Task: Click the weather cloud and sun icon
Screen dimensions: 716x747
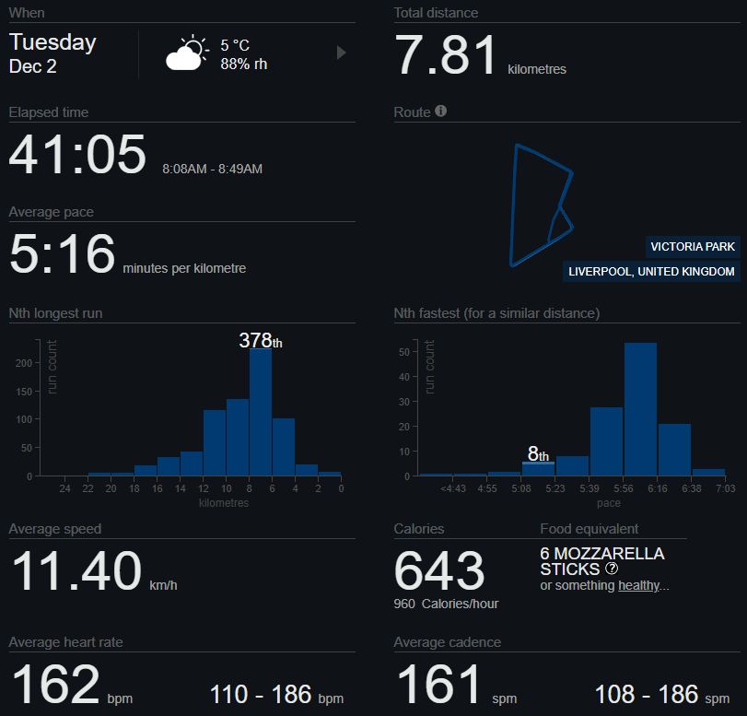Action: tap(186, 54)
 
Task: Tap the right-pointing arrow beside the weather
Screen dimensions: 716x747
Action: tap(342, 53)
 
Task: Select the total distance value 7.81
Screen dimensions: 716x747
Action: tap(446, 55)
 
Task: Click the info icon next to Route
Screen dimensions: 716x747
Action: tap(440, 112)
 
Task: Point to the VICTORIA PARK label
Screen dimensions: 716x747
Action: tap(693, 246)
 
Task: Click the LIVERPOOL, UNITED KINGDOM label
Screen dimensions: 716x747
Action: tap(651, 272)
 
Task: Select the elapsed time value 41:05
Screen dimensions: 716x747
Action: tap(77, 155)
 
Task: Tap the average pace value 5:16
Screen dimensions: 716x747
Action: tap(63, 254)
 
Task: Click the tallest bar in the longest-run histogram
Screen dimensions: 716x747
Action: tap(261, 411)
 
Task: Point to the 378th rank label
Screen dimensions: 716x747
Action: tap(261, 340)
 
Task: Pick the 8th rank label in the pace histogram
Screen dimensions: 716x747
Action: tap(538, 453)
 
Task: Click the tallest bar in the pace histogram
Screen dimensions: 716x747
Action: tap(640, 408)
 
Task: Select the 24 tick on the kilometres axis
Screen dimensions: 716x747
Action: tap(64, 488)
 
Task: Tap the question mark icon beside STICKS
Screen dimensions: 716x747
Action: tap(612, 569)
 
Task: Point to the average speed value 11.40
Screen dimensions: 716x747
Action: tap(76, 571)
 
